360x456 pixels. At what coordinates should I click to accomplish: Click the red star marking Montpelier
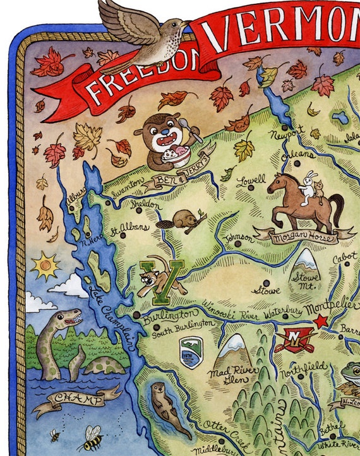coord(321,321)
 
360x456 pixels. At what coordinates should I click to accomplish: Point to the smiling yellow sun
coord(45,265)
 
